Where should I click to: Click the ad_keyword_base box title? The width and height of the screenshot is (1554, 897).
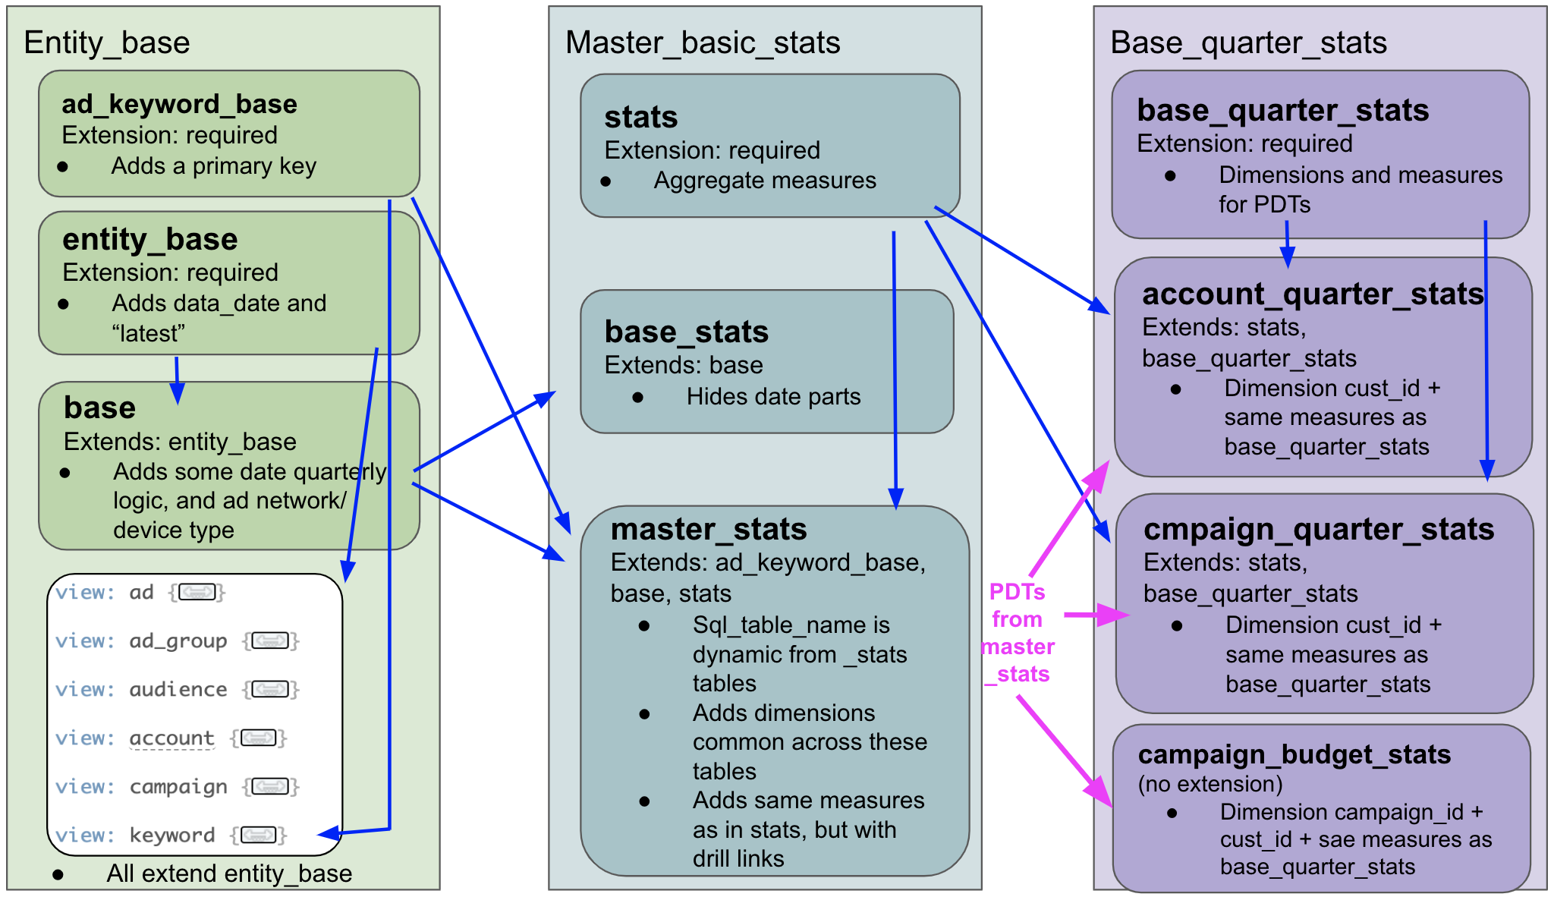pos(179,104)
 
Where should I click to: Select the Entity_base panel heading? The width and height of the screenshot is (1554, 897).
pos(107,42)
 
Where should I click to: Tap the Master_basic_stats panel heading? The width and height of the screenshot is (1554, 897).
pos(703,42)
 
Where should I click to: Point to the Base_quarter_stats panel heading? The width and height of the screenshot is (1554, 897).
pos(1248,42)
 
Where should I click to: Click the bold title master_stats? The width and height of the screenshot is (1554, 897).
pos(709,529)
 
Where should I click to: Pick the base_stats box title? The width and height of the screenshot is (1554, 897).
pos(686,332)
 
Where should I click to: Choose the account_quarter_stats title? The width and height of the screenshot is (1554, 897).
pos(1313,294)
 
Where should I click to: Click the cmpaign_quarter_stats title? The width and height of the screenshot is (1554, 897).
pos(1319,529)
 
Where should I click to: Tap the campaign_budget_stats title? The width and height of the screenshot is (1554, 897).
pos(1294,754)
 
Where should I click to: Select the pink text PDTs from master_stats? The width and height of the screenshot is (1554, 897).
pos(1018,633)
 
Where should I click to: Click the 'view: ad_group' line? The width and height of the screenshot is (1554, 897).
pos(177,641)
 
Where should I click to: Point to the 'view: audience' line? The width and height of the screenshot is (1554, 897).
pos(177,690)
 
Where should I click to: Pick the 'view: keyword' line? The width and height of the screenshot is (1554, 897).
pos(171,836)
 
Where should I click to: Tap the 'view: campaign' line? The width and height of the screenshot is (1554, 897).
pos(177,787)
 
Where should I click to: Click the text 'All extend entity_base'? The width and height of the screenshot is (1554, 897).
pos(229,873)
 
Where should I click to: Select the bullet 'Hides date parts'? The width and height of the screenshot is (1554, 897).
pos(773,396)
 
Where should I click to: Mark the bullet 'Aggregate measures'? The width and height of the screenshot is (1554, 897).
pos(765,181)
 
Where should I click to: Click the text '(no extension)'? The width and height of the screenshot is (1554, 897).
pos(1210,784)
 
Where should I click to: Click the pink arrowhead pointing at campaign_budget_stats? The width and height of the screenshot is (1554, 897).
pos(1099,792)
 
